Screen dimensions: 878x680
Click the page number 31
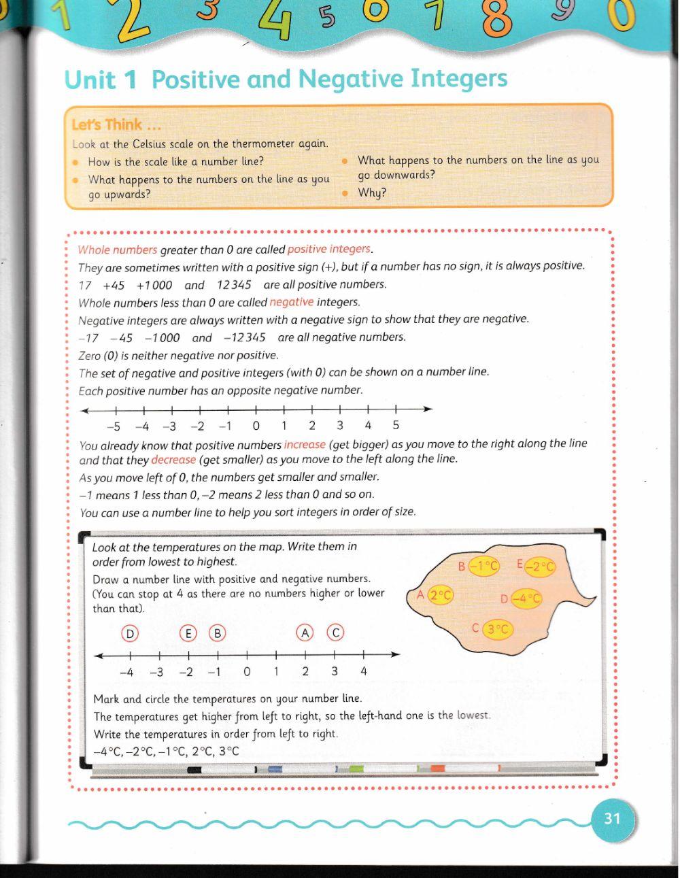(x=612, y=818)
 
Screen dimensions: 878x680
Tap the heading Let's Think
(x=107, y=124)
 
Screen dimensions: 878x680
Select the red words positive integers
(x=329, y=249)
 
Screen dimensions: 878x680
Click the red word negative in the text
(x=292, y=302)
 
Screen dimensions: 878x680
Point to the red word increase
(x=305, y=444)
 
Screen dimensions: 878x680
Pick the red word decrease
(x=173, y=459)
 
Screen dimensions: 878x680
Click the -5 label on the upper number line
(x=114, y=426)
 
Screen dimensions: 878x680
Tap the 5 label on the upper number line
(x=396, y=426)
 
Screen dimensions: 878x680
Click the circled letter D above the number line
(x=129, y=633)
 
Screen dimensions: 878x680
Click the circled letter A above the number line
(x=305, y=633)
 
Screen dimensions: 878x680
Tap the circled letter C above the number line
(x=335, y=633)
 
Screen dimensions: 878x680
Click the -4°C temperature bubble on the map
(x=526, y=598)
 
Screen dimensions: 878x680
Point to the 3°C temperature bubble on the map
(x=498, y=629)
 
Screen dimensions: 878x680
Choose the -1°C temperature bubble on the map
(x=484, y=566)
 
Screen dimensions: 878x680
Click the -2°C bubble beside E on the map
(x=541, y=567)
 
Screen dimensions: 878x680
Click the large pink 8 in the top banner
(x=497, y=19)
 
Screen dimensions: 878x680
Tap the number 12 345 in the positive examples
(x=234, y=285)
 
